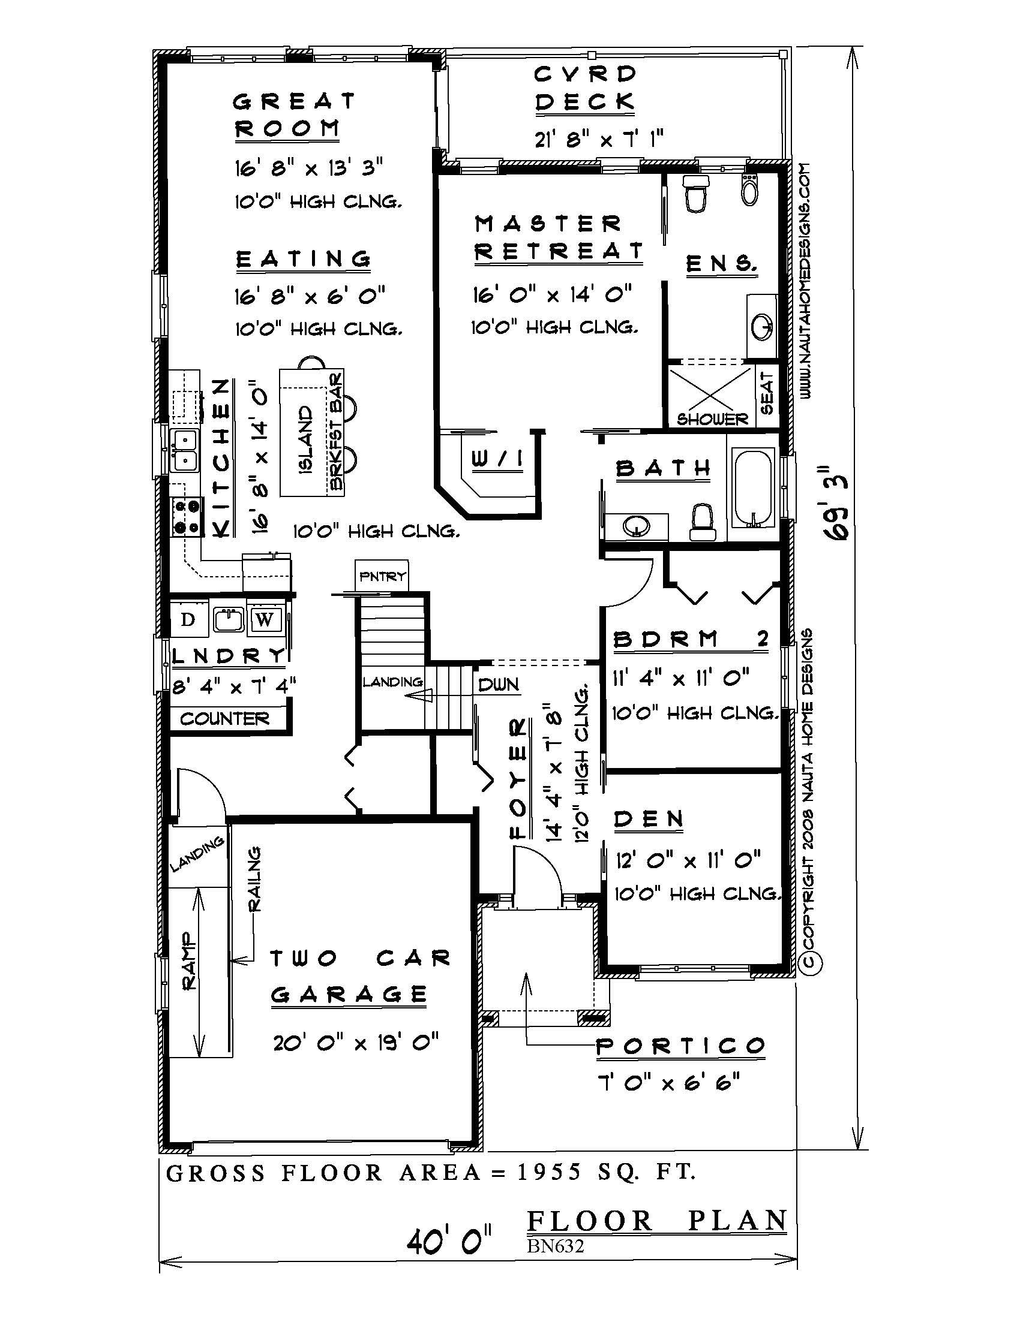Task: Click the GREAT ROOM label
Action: pos(293,115)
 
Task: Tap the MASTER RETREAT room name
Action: pos(557,237)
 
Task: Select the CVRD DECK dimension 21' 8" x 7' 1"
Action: pos(599,140)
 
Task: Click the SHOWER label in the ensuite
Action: pos(712,418)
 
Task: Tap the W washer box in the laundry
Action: pos(265,620)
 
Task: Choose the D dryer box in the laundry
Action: pos(188,620)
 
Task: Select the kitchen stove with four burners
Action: pos(186,517)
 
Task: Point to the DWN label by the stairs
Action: pos(499,684)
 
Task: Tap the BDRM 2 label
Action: pos(691,640)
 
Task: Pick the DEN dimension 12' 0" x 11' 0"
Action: pos(688,859)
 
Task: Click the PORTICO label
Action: pos(680,1046)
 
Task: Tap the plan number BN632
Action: pos(555,1246)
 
